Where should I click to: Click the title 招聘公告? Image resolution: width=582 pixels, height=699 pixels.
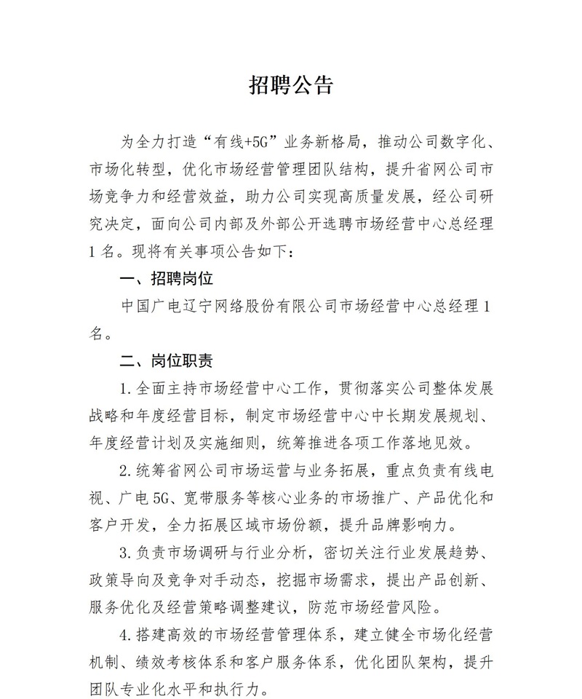click(x=291, y=86)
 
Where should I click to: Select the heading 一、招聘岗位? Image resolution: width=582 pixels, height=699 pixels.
click(x=167, y=279)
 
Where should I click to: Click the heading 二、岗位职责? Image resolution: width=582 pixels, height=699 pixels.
click(x=167, y=360)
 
